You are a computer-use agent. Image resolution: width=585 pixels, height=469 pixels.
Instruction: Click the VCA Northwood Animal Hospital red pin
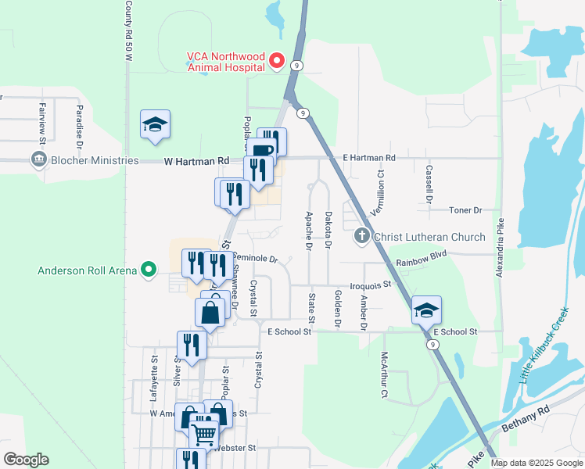click(276, 60)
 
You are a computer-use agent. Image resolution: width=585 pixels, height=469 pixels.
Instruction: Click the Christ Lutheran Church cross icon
click(362, 235)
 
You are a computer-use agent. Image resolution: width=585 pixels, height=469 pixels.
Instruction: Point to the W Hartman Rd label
click(196, 161)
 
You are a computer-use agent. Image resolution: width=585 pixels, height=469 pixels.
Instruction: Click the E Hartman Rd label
click(369, 158)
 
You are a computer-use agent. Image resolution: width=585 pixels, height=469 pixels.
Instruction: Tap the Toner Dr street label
click(466, 210)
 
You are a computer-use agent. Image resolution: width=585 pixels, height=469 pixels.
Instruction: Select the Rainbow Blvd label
click(420, 254)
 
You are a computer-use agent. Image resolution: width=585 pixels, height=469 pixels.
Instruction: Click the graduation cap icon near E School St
click(427, 309)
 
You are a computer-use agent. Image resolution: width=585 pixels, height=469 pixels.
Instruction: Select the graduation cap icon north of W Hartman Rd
click(155, 124)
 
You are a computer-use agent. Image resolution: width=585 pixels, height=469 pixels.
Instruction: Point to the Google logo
click(26, 460)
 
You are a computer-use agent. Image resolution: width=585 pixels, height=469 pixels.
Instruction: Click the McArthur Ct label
click(383, 364)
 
